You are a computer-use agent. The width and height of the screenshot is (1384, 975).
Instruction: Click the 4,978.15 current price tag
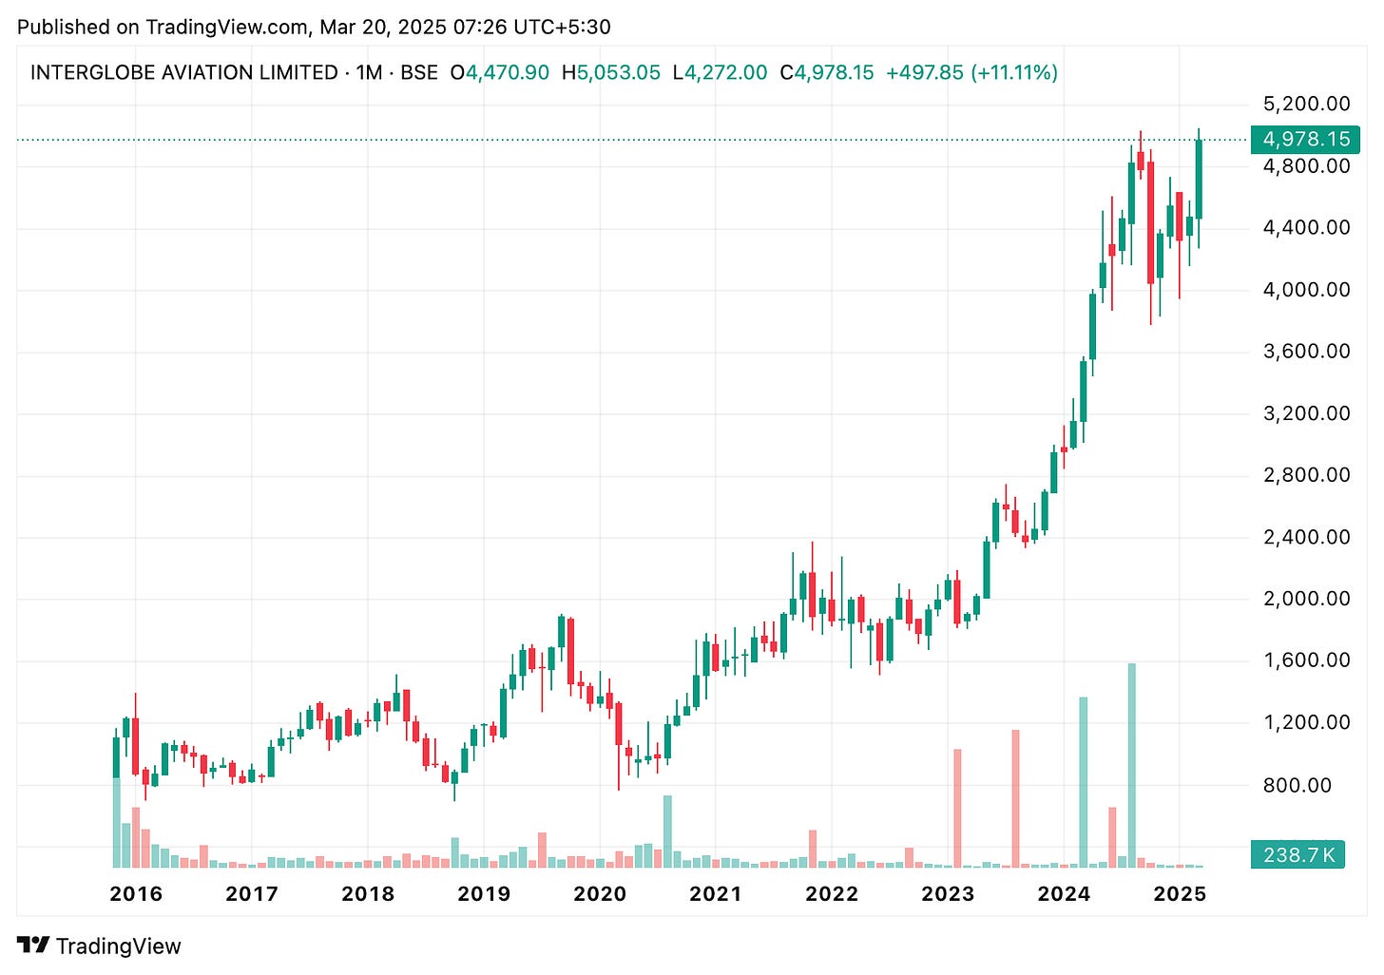coord(1305,140)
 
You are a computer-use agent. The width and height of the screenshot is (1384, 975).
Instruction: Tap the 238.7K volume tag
coord(1298,855)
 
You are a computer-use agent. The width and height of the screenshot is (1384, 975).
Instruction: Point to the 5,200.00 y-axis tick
coord(1306,104)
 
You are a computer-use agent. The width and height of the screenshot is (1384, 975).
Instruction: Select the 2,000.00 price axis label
coord(1306,599)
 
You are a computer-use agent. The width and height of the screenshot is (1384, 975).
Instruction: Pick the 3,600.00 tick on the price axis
coord(1306,352)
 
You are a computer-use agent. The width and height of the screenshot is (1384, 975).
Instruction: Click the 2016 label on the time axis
coord(136,894)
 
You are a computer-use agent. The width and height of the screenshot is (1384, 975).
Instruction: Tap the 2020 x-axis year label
coord(600,894)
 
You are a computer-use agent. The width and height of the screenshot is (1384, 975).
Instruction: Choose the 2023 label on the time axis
coord(948,894)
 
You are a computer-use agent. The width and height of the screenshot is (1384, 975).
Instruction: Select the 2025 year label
coord(1180,894)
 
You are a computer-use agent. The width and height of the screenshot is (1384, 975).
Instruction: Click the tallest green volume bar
coord(1131,765)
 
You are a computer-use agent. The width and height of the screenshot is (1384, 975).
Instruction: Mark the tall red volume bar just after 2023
coord(957,808)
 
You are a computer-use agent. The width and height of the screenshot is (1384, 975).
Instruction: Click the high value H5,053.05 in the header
coord(610,73)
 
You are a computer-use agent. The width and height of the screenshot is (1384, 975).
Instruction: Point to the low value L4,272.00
coord(720,73)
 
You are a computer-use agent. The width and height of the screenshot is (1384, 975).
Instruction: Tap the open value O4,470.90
coord(500,73)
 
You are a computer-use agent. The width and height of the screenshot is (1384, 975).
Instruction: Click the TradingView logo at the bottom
coord(99,946)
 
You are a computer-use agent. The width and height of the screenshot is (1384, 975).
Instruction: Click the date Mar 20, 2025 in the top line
coord(383,27)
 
